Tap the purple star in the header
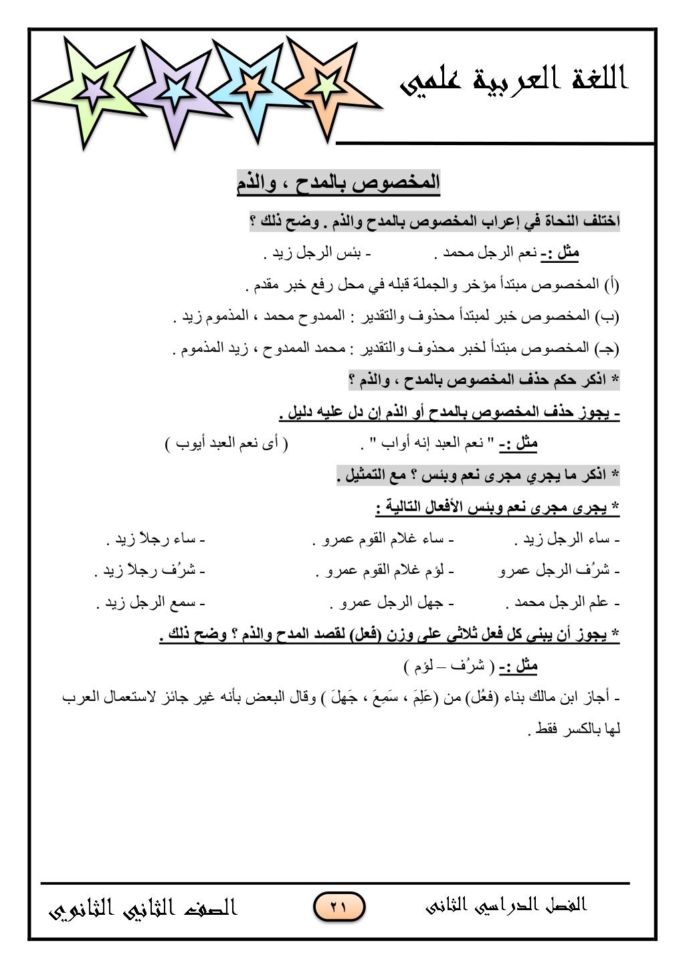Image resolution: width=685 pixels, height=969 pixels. [x=175, y=90]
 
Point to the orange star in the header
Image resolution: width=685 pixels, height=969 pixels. [x=326, y=84]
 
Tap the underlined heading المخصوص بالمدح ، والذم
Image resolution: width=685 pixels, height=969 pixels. [x=338, y=183]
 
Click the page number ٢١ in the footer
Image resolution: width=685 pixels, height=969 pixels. [x=338, y=907]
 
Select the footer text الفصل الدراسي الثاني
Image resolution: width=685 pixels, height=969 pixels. [x=506, y=905]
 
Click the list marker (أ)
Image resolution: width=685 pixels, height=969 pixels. [x=612, y=286]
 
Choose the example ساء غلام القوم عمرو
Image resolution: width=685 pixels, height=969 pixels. [x=383, y=539]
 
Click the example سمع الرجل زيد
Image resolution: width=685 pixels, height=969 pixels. [x=151, y=603]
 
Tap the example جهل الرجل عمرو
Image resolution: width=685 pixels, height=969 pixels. [x=392, y=603]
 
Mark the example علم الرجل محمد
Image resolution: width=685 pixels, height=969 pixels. [x=563, y=603]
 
